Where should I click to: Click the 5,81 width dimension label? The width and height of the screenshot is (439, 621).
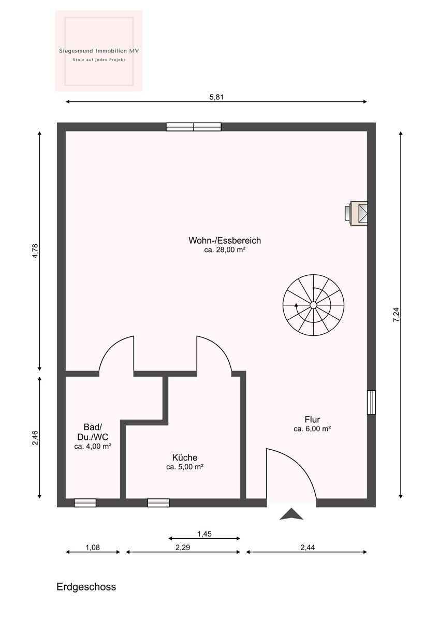point(216,97)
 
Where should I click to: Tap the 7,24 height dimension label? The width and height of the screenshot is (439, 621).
point(397,315)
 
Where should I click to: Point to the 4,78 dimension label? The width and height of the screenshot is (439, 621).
point(36,251)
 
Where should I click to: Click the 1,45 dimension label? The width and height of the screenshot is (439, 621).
point(204,534)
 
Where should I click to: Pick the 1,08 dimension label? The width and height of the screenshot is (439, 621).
point(93,548)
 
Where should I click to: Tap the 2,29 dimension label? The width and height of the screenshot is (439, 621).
point(183,548)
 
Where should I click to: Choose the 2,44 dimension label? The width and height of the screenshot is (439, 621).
point(308,548)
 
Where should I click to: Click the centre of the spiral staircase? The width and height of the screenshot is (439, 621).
point(313,305)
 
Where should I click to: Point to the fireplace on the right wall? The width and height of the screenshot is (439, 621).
point(356,213)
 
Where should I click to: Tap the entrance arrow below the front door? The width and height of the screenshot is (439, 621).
point(291,514)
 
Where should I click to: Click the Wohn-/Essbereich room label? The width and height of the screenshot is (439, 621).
point(225,240)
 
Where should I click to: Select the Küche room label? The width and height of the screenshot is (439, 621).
point(185,457)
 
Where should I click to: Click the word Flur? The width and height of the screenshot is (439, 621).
point(312,419)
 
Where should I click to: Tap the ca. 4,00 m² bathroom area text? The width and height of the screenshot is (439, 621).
point(93,446)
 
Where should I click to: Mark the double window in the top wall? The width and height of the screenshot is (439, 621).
point(194,127)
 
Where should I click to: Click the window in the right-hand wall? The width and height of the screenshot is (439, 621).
point(371,402)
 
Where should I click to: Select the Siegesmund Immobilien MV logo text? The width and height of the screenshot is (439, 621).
point(99,51)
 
